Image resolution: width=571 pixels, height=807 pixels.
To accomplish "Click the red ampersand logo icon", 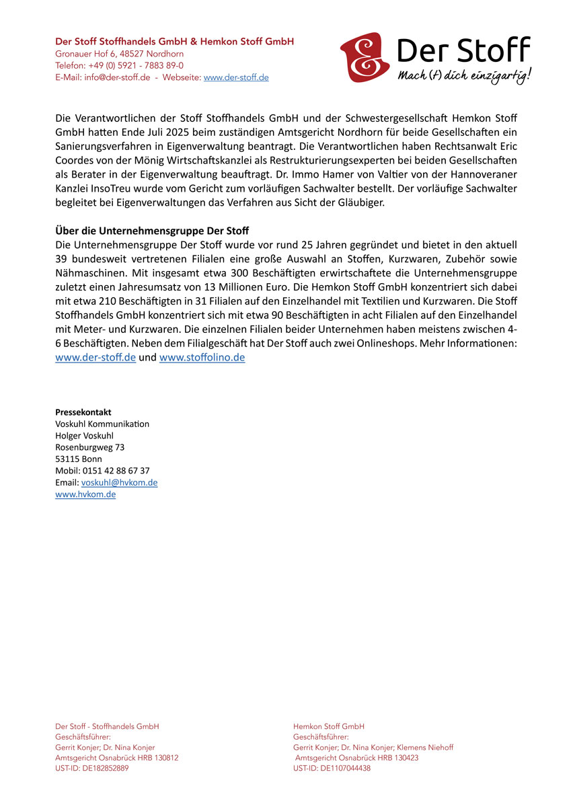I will click(x=364, y=57).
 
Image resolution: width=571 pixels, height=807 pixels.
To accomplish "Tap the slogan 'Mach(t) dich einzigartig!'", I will click(x=463, y=75).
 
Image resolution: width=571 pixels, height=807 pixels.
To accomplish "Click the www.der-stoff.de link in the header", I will click(x=236, y=77).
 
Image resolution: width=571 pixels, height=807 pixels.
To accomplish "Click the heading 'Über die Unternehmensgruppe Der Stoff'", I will click(x=152, y=231).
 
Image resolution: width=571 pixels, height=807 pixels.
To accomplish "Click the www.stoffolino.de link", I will click(x=202, y=358).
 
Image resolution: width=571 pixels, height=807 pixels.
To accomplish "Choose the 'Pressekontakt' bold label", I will click(x=83, y=412).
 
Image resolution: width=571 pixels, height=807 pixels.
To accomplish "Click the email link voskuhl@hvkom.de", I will click(x=119, y=483).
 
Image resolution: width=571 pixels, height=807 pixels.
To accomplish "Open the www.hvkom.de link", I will click(x=85, y=494).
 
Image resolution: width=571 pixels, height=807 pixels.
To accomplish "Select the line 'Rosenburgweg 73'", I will click(x=89, y=447).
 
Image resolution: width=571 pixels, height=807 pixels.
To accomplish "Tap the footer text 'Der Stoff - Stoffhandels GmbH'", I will click(x=107, y=726).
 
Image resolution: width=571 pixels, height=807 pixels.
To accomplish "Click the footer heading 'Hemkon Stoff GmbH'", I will click(x=329, y=726).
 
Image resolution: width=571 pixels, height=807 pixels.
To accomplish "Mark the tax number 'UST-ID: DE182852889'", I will click(x=91, y=768).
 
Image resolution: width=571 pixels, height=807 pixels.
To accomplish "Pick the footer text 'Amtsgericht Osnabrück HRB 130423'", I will click(x=356, y=757).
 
